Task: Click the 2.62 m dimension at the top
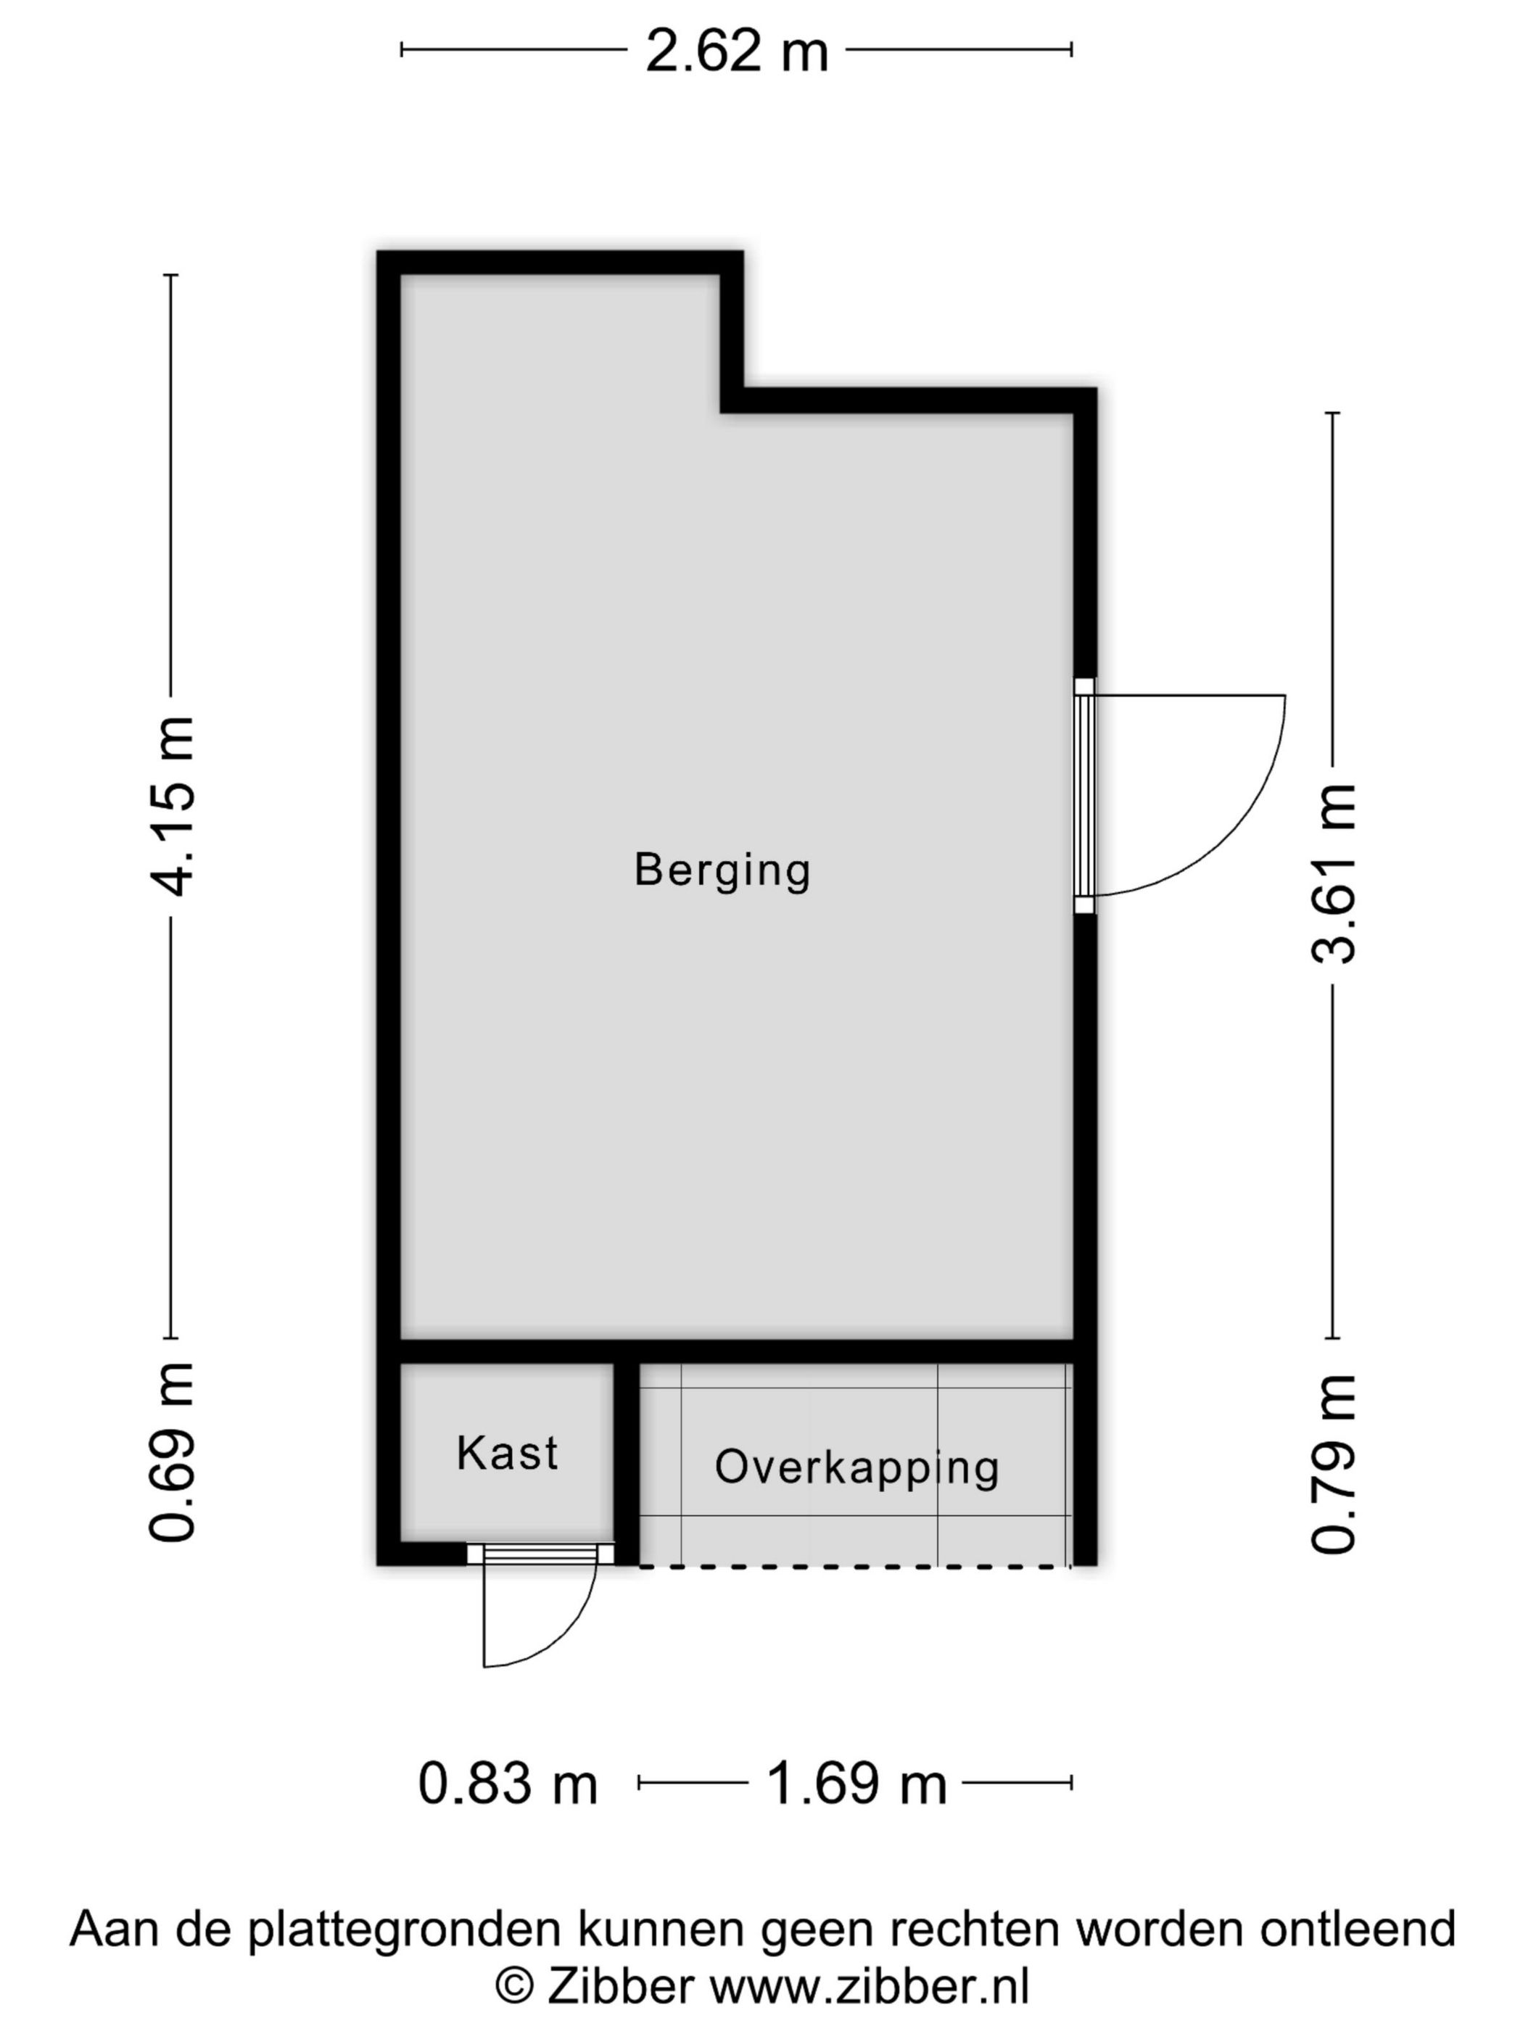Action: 736,52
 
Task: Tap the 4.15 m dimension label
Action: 173,805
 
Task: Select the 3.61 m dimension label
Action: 1333,873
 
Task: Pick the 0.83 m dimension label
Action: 508,1784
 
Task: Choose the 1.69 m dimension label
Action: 856,1784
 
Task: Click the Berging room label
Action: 722,870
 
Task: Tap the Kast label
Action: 507,1453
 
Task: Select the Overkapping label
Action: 857,1467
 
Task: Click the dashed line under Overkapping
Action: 854,1566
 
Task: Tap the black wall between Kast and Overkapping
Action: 626,1460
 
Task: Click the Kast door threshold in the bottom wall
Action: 541,1554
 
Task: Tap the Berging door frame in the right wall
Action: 1085,795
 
